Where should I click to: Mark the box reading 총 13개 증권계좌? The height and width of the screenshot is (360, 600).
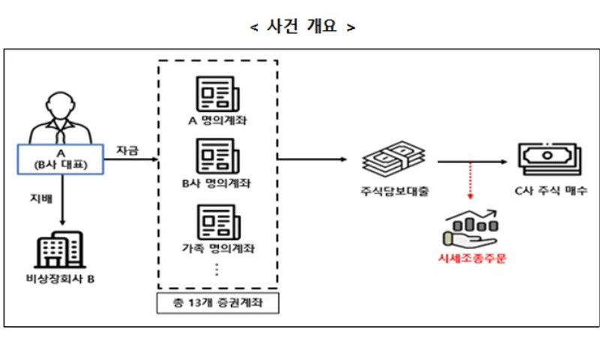tap(217, 303)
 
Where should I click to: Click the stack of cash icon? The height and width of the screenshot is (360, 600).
tap(392, 159)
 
